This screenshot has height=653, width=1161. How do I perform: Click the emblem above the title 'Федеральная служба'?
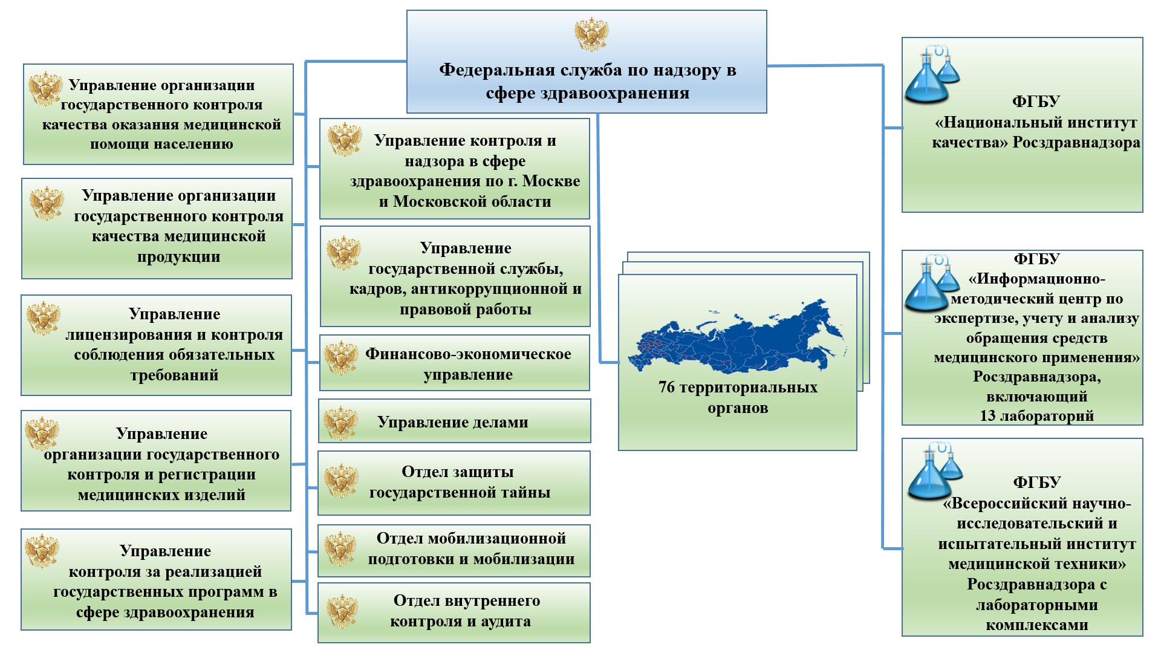[591, 34]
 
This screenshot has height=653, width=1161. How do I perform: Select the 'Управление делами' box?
[454, 422]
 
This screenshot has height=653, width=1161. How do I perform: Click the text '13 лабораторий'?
[1036, 416]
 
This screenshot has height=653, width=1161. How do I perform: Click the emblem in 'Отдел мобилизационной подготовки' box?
[340, 549]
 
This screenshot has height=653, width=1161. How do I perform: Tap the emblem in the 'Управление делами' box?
[340, 423]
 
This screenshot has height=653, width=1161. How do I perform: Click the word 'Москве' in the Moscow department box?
[551, 181]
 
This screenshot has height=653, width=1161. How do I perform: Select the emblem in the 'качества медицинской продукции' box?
[47, 203]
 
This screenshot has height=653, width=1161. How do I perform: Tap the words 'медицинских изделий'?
[161, 495]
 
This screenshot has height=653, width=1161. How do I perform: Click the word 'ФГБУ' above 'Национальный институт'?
[1036, 102]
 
